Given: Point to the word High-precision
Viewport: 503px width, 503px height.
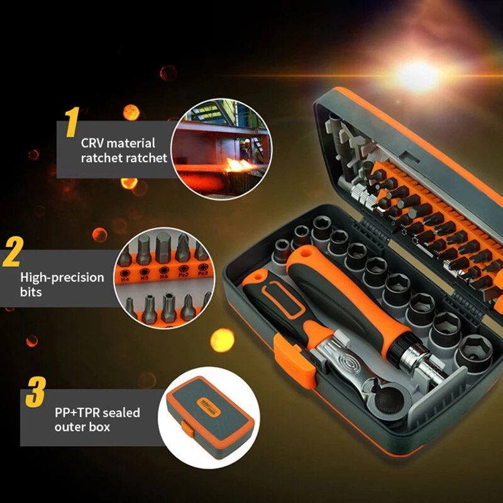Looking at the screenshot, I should pos(62,277).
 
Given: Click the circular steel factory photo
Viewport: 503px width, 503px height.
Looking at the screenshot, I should pos(221,148).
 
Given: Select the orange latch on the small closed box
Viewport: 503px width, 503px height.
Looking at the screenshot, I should pos(186,428).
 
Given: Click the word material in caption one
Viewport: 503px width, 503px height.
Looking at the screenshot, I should pos(134,143).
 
